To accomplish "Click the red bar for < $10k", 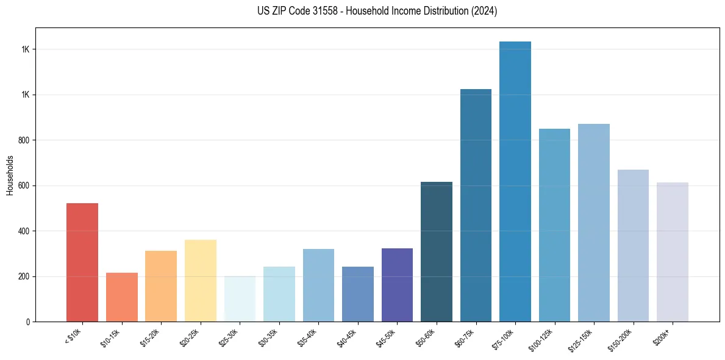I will (x=82, y=262).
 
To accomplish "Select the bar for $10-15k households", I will (x=121, y=297).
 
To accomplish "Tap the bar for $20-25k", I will (x=200, y=281).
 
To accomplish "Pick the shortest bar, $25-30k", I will (x=240, y=299).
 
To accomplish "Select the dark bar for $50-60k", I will (x=437, y=251).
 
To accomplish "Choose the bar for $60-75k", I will (x=476, y=205).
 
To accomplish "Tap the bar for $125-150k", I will (x=594, y=223).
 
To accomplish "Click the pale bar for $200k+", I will (x=673, y=252).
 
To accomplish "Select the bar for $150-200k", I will (x=633, y=245).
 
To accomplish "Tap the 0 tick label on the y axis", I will (x=29, y=322).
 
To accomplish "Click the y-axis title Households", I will (x=10, y=175).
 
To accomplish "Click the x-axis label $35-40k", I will (x=307, y=337).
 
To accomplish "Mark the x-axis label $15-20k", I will (x=149, y=337).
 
